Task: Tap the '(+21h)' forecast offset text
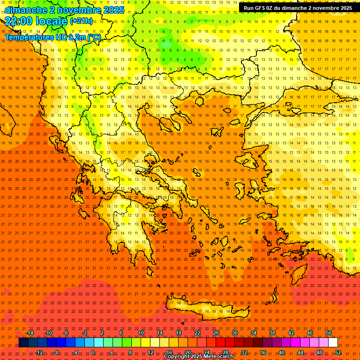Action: coord(81,21)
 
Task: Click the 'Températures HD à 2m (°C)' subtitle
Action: coord(52,37)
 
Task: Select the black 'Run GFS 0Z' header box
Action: coord(298,8)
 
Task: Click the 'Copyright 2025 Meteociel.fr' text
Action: coord(199,357)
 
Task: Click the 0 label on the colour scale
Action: coord(93,352)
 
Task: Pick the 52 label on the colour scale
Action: coord(338,352)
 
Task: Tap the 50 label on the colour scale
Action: coord(329,333)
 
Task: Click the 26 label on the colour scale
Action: coord(216,333)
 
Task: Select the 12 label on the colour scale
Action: coord(150,352)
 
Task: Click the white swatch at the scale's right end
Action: coord(333,343)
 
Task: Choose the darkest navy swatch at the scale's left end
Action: coord(23,343)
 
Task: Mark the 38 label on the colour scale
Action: coord(272,333)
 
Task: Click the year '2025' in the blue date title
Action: coord(114,9)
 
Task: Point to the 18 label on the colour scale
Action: coord(179,333)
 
